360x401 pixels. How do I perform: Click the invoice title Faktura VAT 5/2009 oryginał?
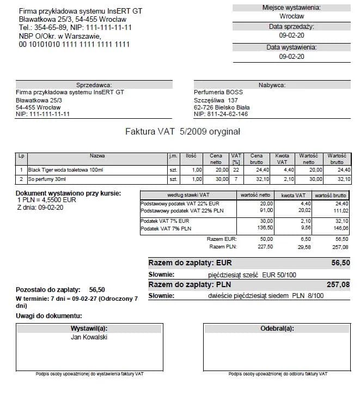tap(182, 132)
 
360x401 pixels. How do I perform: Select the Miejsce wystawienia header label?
tap(291, 8)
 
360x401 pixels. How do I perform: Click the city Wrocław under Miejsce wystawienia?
tap(291, 16)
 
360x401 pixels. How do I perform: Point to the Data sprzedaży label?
tap(291, 27)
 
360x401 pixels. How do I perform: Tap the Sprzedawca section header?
tap(94, 85)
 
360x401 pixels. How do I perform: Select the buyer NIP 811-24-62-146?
tap(221, 114)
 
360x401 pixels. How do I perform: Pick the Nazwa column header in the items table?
tap(97, 156)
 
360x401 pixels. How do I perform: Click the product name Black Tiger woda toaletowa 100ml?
tap(65, 170)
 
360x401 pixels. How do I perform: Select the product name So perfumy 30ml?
tap(47, 179)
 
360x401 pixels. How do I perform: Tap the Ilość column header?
tap(191, 156)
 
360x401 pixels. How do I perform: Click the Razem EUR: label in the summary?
tap(222, 239)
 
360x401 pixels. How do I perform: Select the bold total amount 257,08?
tap(338, 284)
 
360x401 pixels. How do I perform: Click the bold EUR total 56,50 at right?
tap(340, 263)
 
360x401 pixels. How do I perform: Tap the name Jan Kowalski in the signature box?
tap(89, 337)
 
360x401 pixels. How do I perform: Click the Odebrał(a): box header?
tap(277, 329)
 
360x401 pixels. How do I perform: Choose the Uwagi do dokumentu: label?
tap(49, 316)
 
